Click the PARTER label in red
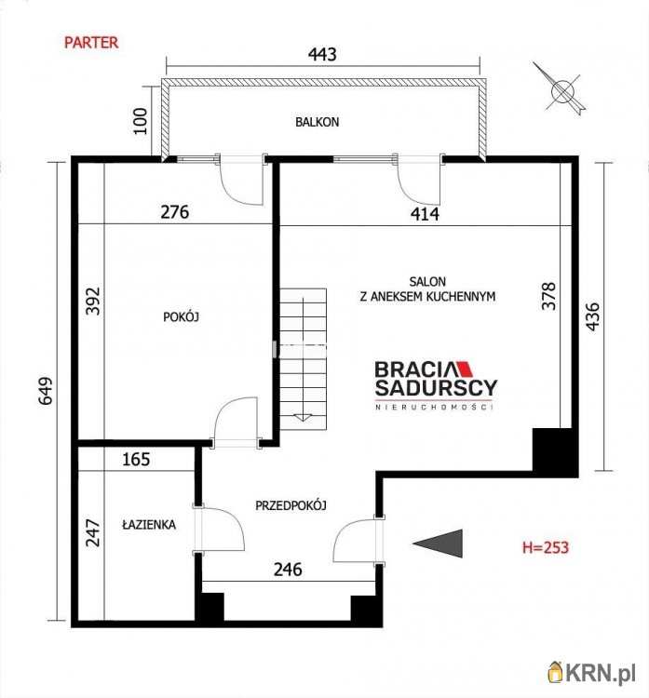[x=90, y=42]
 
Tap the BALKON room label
[x=318, y=122]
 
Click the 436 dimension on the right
[x=593, y=316]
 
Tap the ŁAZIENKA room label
[x=148, y=525]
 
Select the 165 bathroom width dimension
[x=136, y=459]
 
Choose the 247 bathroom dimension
[x=92, y=532]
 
